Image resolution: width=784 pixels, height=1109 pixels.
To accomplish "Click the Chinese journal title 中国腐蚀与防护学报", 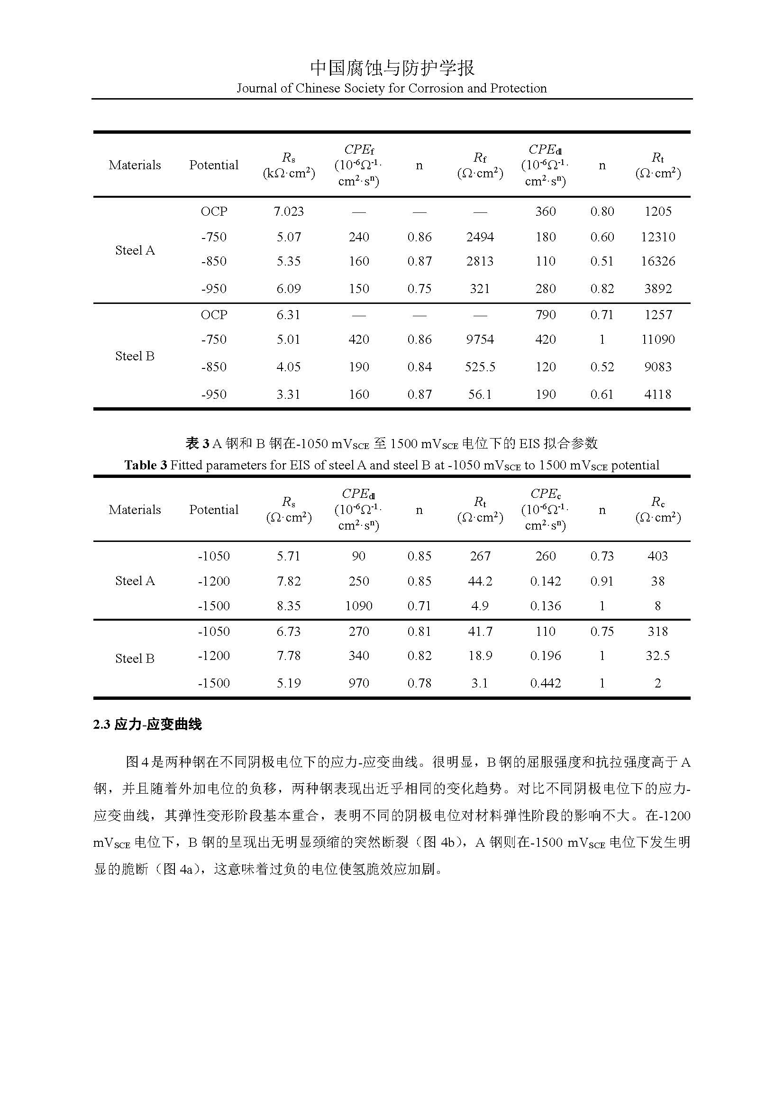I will tap(392, 68).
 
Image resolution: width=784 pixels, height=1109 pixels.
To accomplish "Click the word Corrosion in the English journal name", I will tap(436, 88).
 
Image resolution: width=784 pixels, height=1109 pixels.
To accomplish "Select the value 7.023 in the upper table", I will tap(289, 211).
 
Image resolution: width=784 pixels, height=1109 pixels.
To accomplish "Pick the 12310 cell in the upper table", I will tap(657, 237).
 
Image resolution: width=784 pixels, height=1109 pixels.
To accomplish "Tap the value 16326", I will tap(657, 261).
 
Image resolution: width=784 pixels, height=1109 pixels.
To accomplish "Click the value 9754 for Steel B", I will tap(480, 339).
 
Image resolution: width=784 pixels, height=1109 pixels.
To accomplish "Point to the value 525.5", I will tap(480, 367).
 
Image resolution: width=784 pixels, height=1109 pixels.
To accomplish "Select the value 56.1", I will tap(480, 394).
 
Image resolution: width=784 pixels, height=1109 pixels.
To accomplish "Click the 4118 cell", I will tap(657, 394).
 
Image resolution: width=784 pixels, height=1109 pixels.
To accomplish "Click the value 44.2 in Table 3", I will tap(480, 581).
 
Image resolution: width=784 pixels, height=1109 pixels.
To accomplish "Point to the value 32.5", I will tap(657, 656).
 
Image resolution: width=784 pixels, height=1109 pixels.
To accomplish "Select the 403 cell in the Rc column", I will tap(657, 556).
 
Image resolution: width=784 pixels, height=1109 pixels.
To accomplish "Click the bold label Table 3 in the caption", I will tap(146, 465).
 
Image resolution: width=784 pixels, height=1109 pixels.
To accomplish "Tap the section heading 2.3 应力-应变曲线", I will tap(147, 724).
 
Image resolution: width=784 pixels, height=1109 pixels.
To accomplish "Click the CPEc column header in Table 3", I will tap(546, 494).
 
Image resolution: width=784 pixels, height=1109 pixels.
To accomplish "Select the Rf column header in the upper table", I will tap(480, 158).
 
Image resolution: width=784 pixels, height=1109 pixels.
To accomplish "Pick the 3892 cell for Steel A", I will tap(657, 289).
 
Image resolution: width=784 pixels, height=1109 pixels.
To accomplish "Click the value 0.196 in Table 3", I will tap(546, 656).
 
